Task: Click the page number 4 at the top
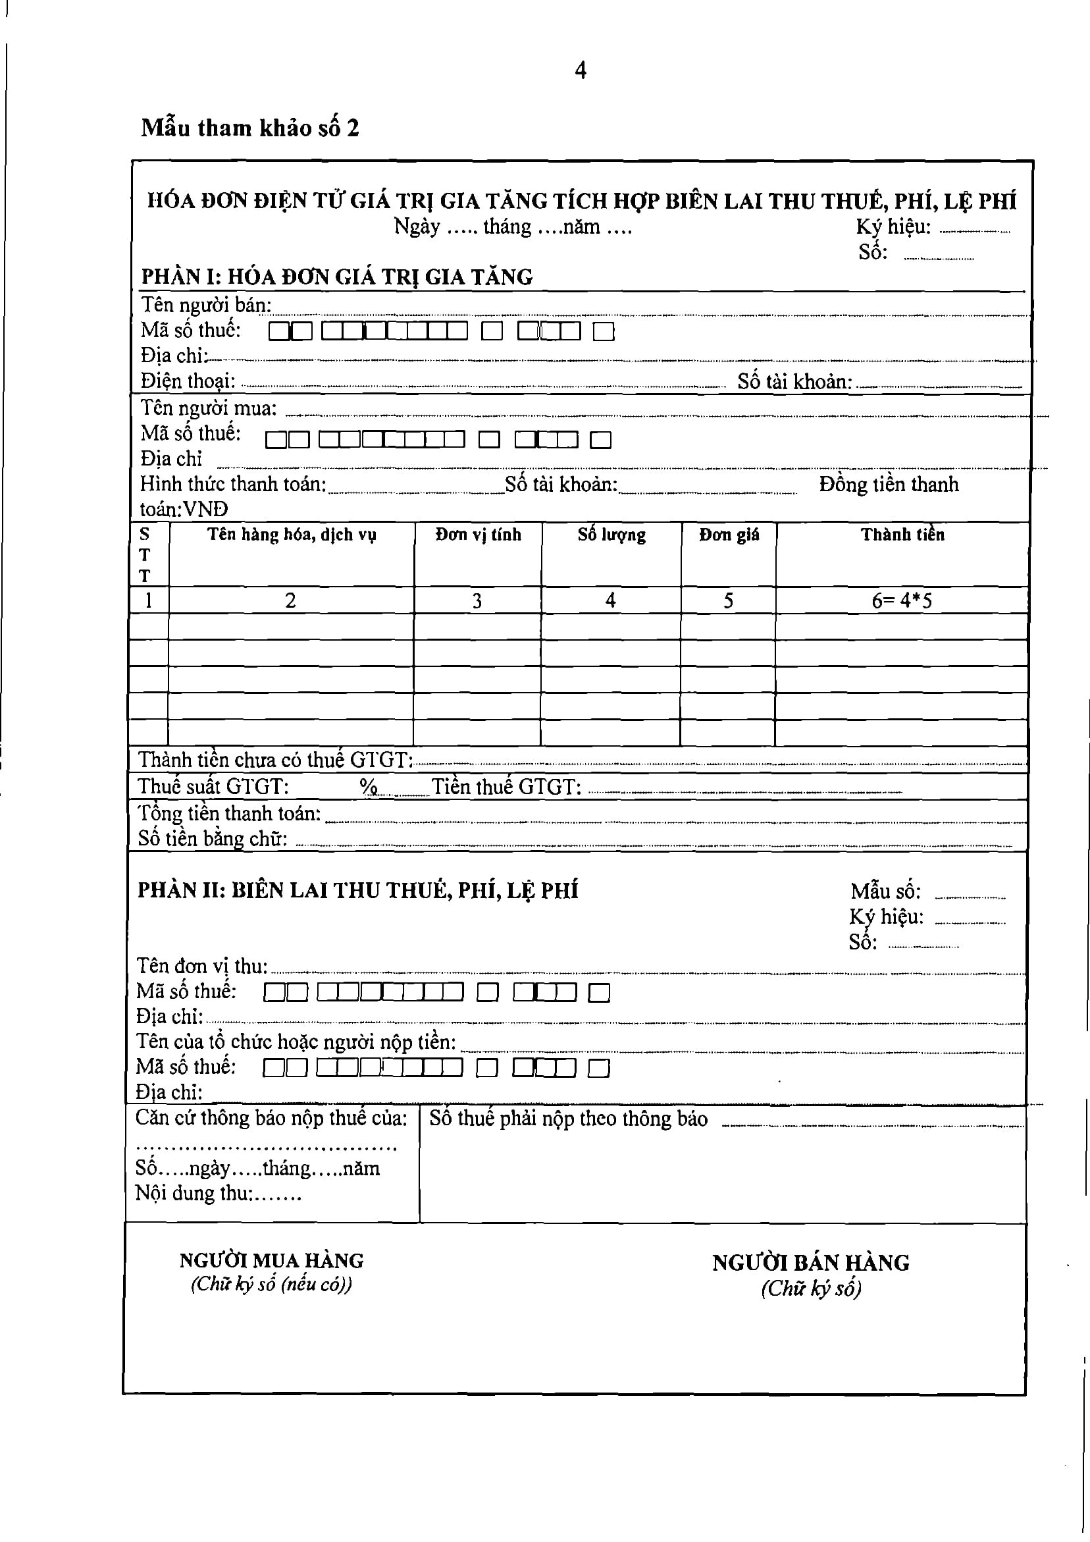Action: [581, 70]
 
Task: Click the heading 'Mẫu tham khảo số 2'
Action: [250, 128]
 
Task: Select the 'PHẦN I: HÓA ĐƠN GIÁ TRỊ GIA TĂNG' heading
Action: [336, 277]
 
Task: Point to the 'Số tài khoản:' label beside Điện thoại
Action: [794, 381]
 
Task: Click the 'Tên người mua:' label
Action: [208, 408]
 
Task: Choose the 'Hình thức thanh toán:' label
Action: [233, 483]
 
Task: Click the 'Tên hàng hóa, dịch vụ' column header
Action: [292, 535]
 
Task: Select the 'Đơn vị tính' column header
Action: [477, 535]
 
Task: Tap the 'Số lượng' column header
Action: [611, 535]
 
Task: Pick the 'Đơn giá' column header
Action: [729, 535]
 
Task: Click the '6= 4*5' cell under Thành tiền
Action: [901, 600]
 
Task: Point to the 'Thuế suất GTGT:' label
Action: [213, 786]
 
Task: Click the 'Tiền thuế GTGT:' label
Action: [506, 786]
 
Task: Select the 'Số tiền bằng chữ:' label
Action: [212, 838]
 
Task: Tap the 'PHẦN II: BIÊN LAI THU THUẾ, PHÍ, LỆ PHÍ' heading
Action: [357, 891]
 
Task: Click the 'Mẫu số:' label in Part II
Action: [885, 891]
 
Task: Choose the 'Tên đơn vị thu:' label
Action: [202, 966]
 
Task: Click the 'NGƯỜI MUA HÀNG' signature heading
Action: [271, 1260]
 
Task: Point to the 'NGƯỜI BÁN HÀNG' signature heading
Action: [811, 1263]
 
